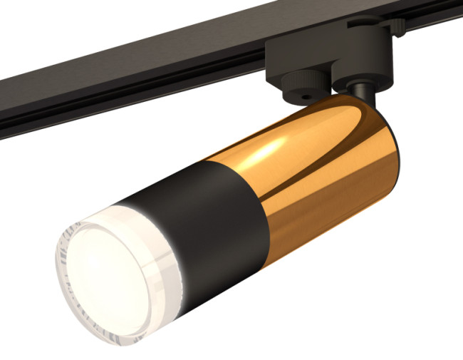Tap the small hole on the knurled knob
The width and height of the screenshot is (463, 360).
[307, 93]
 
